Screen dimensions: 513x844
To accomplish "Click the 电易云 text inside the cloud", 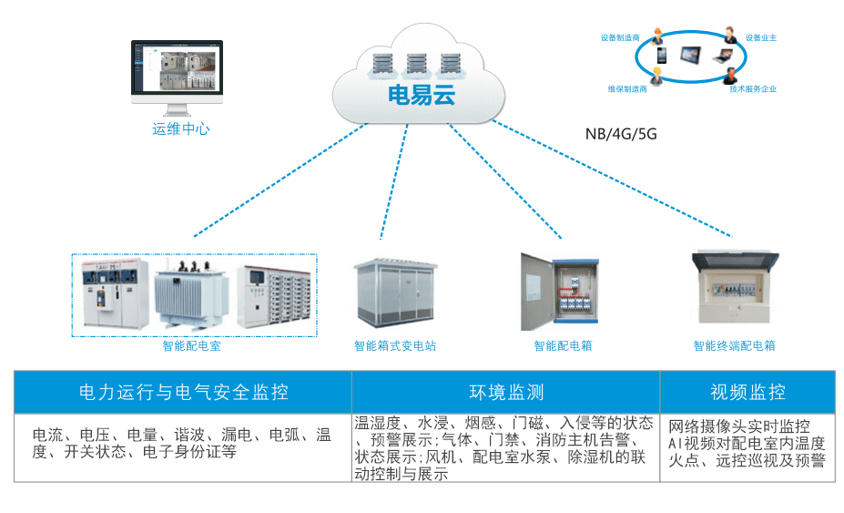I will click(421, 95).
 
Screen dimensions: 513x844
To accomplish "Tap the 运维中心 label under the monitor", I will click(181, 129).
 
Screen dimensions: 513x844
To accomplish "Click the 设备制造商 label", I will click(619, 38).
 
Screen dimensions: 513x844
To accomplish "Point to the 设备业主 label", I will click(760, 38).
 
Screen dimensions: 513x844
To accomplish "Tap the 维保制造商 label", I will click(627, 89).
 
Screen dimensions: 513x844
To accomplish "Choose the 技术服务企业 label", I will click(752, 89).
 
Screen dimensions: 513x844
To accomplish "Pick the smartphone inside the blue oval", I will click(661, 56).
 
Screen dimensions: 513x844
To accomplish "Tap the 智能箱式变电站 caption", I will click(395, 346).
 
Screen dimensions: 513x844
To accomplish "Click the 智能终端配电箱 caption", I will click(734, 346).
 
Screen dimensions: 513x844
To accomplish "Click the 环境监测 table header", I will click(506, 393).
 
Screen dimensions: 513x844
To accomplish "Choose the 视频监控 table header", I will click(747, 393).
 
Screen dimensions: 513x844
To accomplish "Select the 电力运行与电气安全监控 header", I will click(183, 393).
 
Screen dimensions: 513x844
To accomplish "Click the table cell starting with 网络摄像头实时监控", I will click(747, 444).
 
